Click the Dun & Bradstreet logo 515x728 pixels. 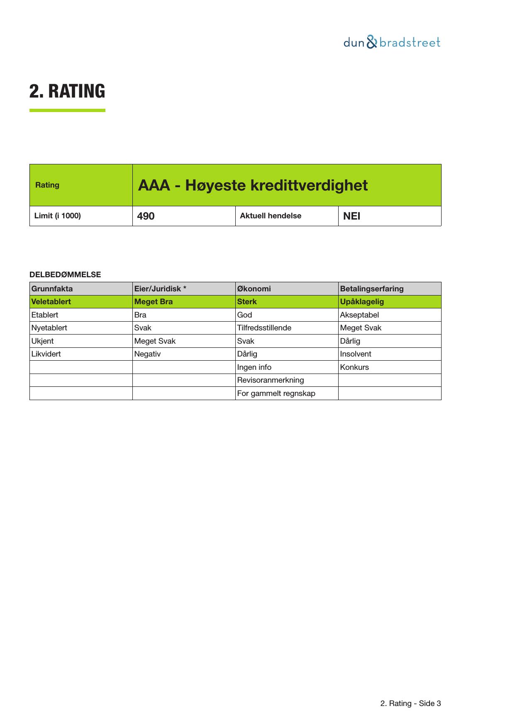click(x=392, y=42)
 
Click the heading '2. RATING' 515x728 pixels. click(x=67, y=91)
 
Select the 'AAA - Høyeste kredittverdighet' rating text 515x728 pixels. click(x=253, y=185)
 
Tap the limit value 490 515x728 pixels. click(x=146, y=216)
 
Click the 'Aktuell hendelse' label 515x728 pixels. click(x=271, y=216)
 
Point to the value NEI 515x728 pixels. click(x=351, y=216)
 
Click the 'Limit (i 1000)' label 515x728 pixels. click(x=58, y=216)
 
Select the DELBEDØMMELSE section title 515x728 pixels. click(x=65, y=275)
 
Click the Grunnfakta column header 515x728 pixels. click(x=52, y=289)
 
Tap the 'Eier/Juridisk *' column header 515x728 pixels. click(x=160, y=289)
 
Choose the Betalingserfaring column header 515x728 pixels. click(x=372, y=289)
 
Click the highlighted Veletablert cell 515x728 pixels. click(x=51, y=302)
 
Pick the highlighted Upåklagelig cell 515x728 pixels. click(x=362, y=302)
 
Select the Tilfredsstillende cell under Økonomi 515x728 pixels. click(x=264, y=328)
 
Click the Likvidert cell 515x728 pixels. click(x=46, y=354)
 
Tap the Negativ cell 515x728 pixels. click(x=147, y=354)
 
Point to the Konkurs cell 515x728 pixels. click(x=354, y=367)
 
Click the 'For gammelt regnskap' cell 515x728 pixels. click(x=276, y=393)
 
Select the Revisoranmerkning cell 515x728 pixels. click(x=271, y=380)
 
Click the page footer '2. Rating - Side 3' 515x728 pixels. click(x=410, y=704)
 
